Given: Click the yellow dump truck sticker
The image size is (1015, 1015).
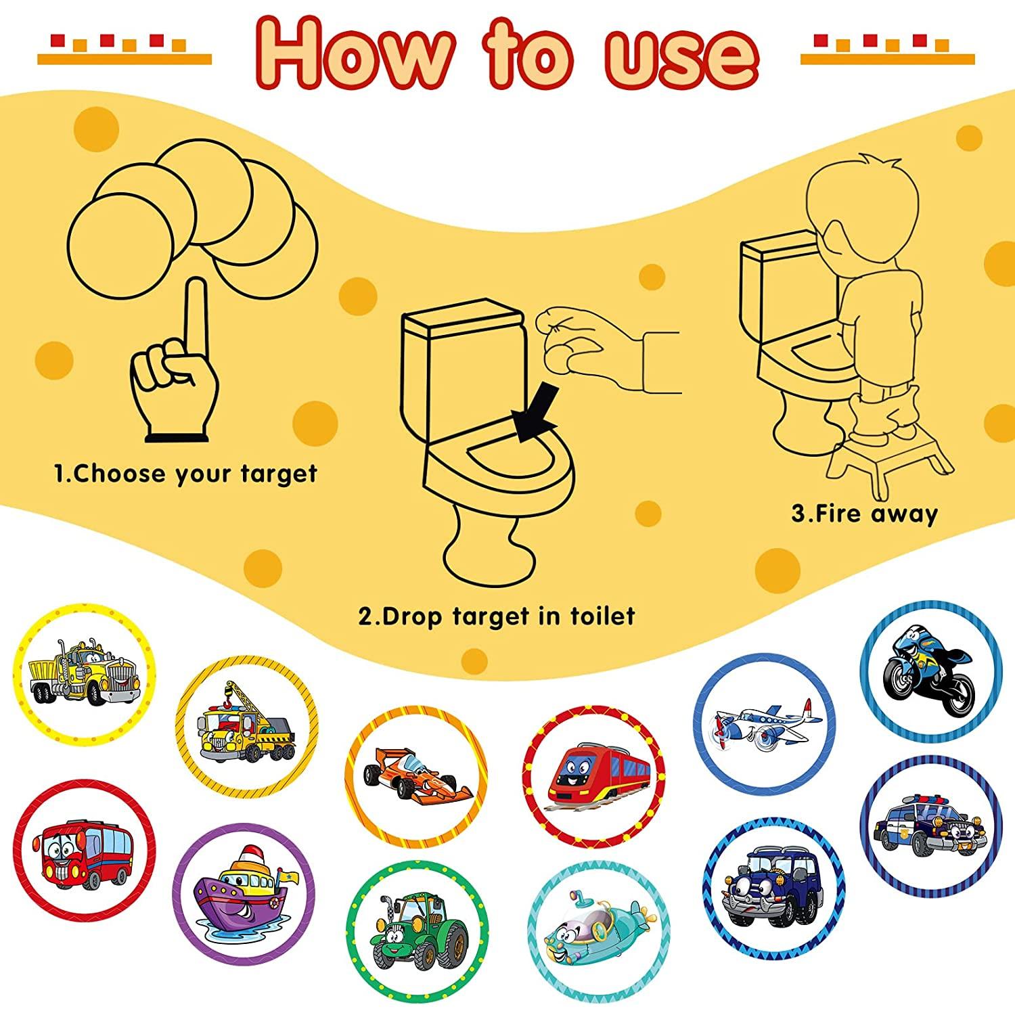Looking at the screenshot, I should point(83,673).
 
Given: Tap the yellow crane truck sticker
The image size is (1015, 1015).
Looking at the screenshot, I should point(247,725).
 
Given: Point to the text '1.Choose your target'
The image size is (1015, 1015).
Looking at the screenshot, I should point(185,473).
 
